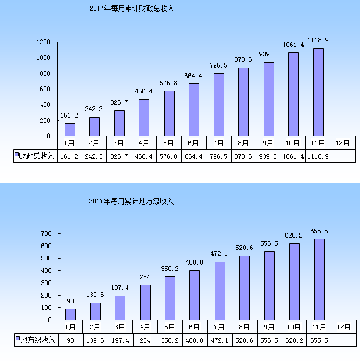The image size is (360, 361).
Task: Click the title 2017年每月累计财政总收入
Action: (x=133, y=9)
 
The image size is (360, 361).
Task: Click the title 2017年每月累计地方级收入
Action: (x=132, y=201)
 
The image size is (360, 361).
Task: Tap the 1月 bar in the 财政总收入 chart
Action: (x=70, y=129)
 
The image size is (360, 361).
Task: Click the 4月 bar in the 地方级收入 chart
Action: (x=145, y=302)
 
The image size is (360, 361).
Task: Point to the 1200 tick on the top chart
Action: (x=44, y=42)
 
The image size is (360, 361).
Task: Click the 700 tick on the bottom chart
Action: (x=46, y=233)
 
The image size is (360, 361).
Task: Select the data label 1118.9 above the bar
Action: (x=318, y=40)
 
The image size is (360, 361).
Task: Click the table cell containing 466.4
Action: (x=144, y=156)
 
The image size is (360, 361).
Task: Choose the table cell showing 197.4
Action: (x=120, y=340)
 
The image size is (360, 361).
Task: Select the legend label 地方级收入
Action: (x=38, y=340)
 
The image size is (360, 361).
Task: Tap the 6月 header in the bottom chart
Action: (x=195, y=327)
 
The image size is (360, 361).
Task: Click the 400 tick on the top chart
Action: (x=46, y=105)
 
